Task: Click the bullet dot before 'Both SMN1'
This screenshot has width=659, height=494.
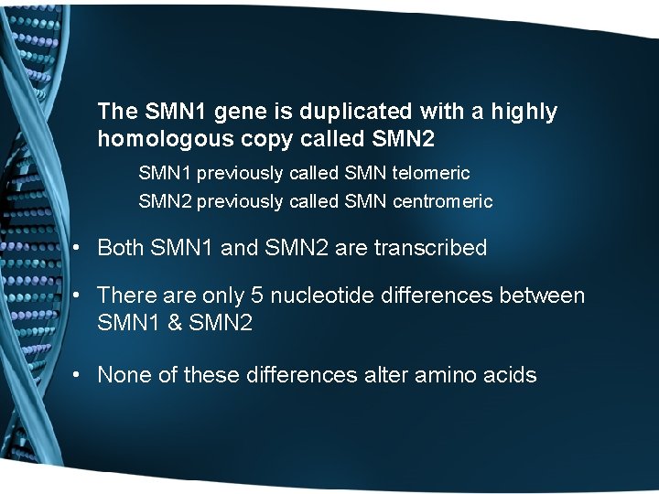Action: pos(81,249)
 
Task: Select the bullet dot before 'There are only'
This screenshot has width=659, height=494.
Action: pos(81,296)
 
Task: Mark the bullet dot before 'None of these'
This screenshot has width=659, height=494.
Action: pos(81,375)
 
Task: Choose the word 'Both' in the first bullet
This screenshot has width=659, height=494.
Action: pos(121,248)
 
